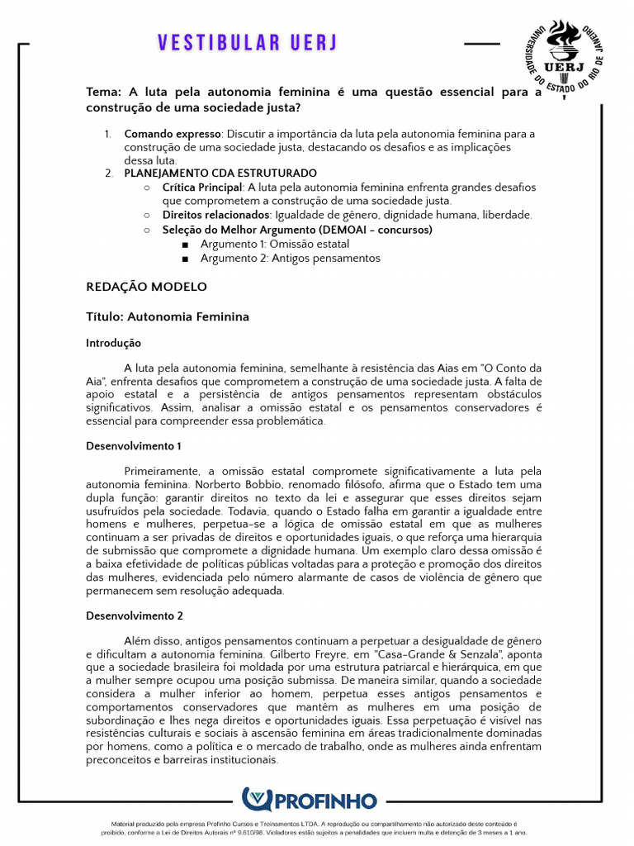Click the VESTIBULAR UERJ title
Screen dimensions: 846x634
tap(248, 43)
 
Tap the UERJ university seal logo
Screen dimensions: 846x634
tap(565, 57)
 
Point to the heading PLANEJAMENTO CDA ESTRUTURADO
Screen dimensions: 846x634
tap(220, 173)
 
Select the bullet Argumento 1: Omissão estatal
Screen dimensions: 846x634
tap(274, 244)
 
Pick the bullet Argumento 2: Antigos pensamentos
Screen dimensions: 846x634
tap(290, 258)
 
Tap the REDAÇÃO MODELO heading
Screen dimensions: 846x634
tap(146, 288)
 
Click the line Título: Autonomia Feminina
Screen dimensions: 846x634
tap(168, 316)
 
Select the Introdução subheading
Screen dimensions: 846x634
tap(113, 343)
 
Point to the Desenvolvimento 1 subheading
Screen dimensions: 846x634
tap(134, 446)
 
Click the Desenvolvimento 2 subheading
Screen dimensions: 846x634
tap(135, 615)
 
